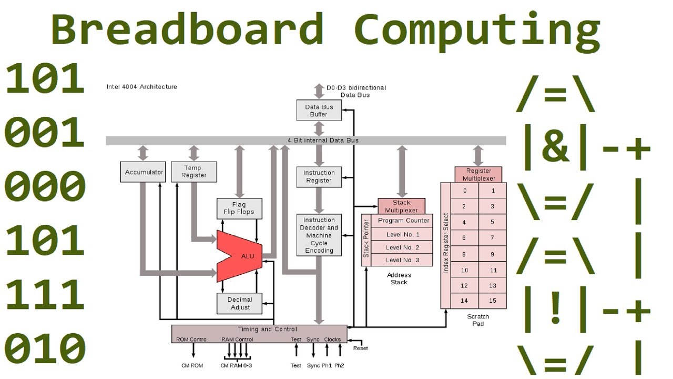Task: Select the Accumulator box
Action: pos(142,172)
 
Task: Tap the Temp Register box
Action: pos(194,172)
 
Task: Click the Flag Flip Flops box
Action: pos(239,208)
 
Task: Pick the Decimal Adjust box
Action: pos(240,304)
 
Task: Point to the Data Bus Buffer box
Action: pos(319,111)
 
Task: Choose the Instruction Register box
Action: pos(319,176)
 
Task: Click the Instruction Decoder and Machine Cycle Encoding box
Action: pos(319,235)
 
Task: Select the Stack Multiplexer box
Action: pos(402,206)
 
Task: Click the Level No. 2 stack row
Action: pos(403,247)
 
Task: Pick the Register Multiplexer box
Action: pos(478,174)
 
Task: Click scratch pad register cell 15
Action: pos(493,301)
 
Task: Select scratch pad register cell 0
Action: pos(465,191)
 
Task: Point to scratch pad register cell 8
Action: pos(465,254)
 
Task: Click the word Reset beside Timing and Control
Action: pos(361,348)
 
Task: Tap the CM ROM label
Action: pos(192,365)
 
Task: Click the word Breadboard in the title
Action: pos(187,29)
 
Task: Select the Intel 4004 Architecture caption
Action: pos(142,87)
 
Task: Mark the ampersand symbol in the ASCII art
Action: pos(555,148)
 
